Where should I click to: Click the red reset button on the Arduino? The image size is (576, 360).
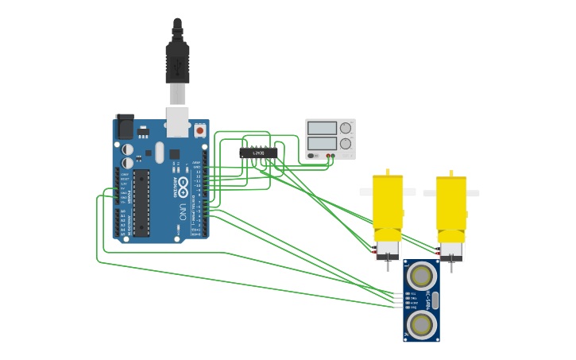point(199,130)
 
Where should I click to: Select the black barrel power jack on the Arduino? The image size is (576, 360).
point(124,127)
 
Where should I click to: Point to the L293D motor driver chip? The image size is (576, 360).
point(259,153)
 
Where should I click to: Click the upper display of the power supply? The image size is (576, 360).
point(322,128)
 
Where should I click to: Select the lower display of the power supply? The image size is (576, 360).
point(322,144)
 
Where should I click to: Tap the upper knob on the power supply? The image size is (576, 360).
point(345,128)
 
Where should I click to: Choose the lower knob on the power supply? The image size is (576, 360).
point(345,144)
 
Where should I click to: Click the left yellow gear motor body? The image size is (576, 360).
point(388,203)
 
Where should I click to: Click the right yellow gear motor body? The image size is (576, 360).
point(451,203)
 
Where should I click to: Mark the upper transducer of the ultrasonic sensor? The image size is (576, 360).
point(421,276)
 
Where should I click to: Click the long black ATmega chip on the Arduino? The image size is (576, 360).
point(141,203)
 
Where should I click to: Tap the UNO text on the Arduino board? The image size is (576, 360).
point(182,212)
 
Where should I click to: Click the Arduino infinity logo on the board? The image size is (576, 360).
point(183,189)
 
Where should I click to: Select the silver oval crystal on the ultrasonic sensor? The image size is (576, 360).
point(435,300)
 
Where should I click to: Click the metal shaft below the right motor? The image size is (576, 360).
point(451,265)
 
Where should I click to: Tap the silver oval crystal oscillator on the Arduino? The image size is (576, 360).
point(159,152)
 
